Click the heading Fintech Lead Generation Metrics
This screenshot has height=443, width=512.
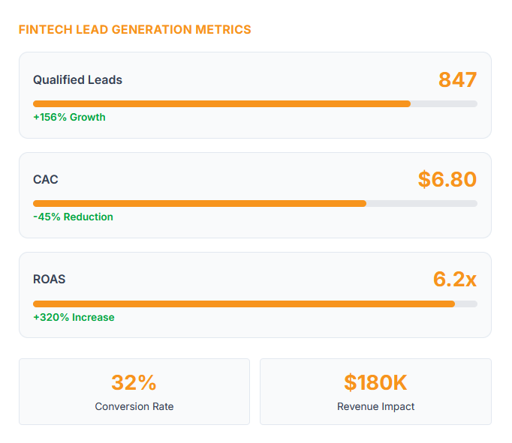point(134,30)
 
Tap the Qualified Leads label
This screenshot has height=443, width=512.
point(77,80)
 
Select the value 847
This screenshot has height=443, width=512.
point(457,80)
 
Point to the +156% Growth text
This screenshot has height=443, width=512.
point(69,117)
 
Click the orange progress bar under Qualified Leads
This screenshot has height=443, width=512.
point(221,103)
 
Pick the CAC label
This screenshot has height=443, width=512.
point(45,180)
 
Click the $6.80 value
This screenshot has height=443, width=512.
point(447,180)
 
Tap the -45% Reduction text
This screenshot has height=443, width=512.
point(73,217)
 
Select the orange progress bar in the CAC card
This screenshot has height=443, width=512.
point(199,203)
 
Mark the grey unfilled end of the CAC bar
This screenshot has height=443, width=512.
point(422,203)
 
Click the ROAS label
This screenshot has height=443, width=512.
point(49,280)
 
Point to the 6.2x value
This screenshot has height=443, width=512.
point(454,280)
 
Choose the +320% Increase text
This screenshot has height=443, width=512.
point(74,317)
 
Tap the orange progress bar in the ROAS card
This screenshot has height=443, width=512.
point(244,304)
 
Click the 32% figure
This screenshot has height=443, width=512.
point(134,383)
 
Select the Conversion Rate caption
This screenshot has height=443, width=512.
point(134,406)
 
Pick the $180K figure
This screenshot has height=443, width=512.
point(375,383)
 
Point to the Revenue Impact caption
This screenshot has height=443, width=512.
point(375,406)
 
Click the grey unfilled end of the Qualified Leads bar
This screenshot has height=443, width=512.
point(444,103)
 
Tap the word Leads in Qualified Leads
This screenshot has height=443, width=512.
point(106,80)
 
